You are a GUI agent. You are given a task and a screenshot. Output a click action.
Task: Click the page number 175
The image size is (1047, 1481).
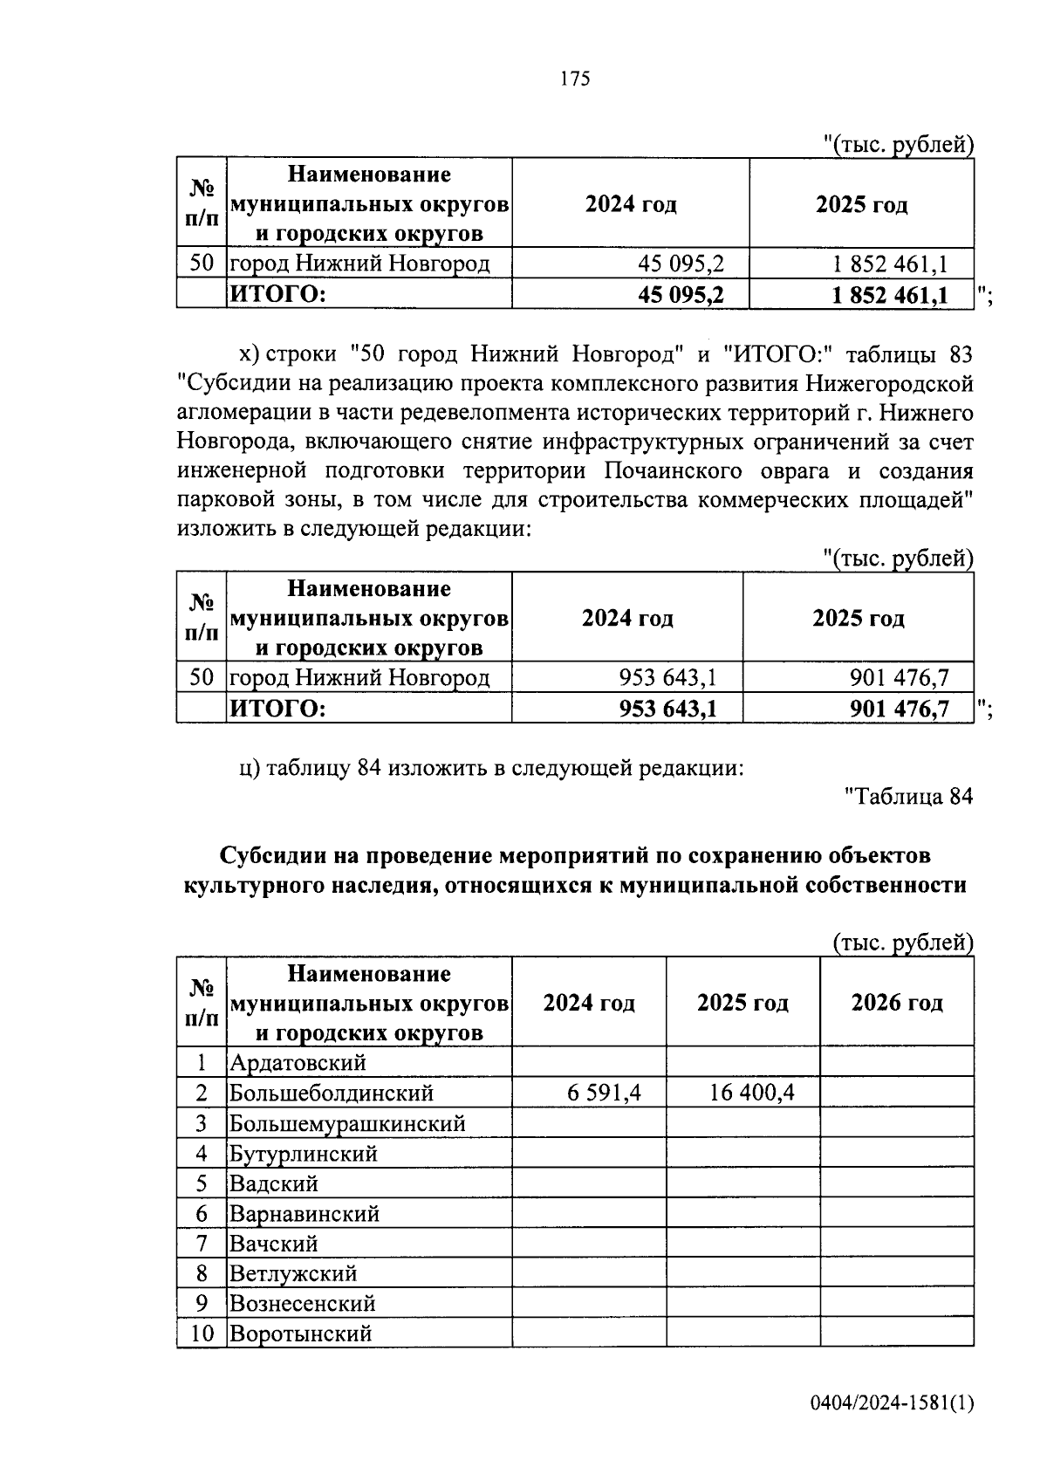(576, 79)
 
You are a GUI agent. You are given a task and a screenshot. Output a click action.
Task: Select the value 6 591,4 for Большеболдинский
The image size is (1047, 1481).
(604, 1093)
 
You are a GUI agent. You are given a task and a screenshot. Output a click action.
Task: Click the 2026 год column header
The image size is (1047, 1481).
(897, 1003)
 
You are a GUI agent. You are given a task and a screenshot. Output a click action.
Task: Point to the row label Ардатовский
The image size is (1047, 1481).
(298, 1063)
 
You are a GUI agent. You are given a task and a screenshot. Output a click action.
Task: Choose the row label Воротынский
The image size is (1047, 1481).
(300, 1334)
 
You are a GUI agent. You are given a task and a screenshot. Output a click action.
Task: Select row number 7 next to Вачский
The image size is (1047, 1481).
(202, 1244)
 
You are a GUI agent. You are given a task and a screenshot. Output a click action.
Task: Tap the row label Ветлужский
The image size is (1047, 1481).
(293, 1273)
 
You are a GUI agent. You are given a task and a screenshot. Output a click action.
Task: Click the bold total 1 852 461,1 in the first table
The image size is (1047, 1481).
(890, 295)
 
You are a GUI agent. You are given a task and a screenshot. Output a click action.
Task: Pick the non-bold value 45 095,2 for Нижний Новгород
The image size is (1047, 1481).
(681, 264)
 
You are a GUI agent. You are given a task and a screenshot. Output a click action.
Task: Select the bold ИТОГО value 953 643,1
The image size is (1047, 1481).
(667, 709)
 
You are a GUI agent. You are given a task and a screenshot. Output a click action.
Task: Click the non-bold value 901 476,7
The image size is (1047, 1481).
(899, 677)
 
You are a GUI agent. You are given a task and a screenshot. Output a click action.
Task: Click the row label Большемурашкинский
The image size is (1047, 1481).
(346, 1123)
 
